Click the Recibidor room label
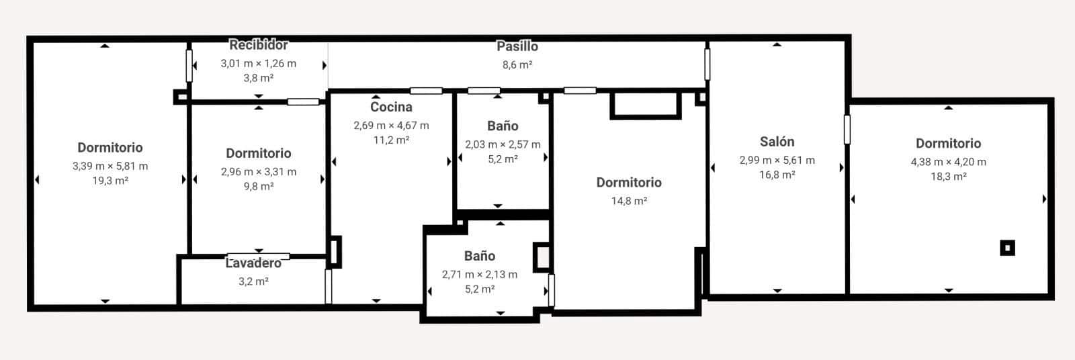pyautogui.click(x=259, y=45)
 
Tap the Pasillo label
pyautogui.click(x=517, y=46)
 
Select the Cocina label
pyautogui.click(x=391, y=107)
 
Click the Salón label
pyautogui.click(x=777, y=142)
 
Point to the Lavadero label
pyautogui.click(x=253, y=263)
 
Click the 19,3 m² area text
pyautogui.click(x=110, y=181)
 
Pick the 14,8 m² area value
pyautogui.click(x=629, y=201)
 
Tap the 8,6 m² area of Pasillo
pyautogui.click(x=517, y=65)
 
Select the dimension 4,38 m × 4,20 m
pyautogui.click(x=948, y=162)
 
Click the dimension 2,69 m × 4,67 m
pyautogui.click(x=391, y=126)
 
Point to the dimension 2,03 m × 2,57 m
pyautogui.click(x=503, y=144)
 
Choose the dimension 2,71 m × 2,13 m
pyautogui.click(x=480, y=275)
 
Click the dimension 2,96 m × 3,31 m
pyautogui.click(x=259, y=172)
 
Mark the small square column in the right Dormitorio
pyautogui.click(x=1006, y=248)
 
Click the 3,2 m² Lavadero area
pyautogui.click(x=253, y=281)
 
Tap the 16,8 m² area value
pyautogui.click(x=777, y=175)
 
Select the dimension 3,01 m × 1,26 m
pyautogui.click(x=259, y=64)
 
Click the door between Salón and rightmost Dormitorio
pyautogui.click(x=847, y=129)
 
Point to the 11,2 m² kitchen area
pyautogui.click(x=391, y=140)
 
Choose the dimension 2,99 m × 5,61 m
pyautogui.click(x=777, y=161)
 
